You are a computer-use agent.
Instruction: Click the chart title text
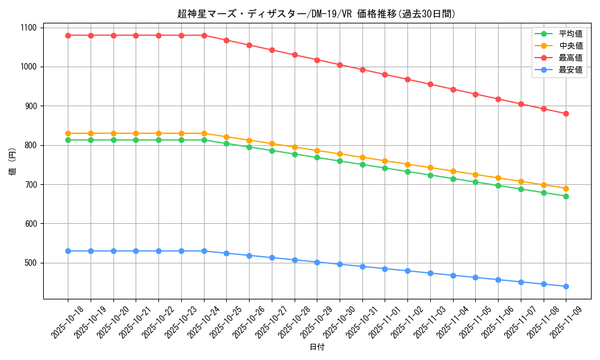[x=317, y=14]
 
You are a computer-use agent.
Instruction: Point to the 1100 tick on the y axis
[x=28, y=28]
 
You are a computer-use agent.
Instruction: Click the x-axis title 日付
[x=317, y=347]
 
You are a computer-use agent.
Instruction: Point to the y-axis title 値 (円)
[x=13, y=161]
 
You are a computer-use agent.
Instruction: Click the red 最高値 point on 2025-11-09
[x=566, y=113]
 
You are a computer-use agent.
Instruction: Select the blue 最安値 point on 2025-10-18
[x=68, y=251]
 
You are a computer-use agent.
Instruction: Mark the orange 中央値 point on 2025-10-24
[x=204, y=133]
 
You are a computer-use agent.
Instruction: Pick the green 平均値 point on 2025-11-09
[x=566, y=196]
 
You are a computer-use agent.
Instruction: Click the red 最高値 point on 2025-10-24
[x=204, y=35]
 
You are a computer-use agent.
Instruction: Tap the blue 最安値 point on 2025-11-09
[x=566, y=286]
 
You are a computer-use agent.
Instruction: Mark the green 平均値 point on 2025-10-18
[x=68, y=140]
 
